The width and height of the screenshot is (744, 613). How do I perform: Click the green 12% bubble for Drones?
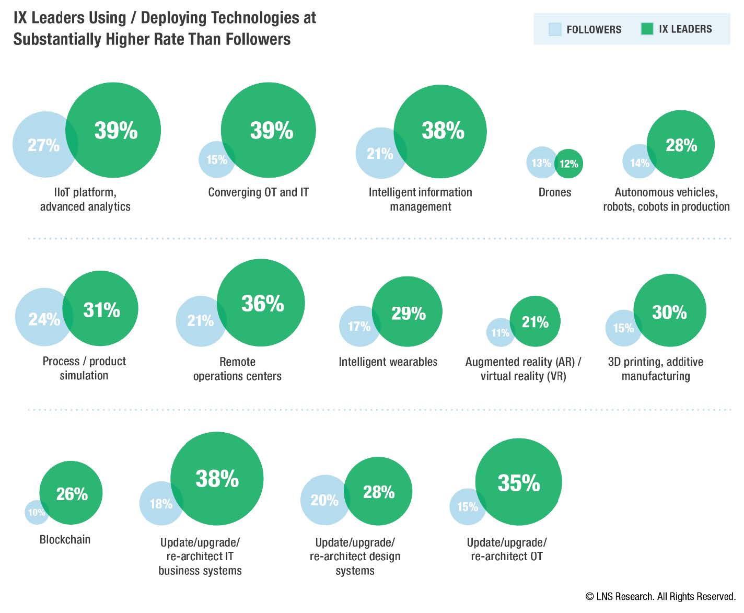click(x=569, y=164)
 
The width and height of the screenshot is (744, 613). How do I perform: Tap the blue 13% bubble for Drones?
click(x=540, y=163)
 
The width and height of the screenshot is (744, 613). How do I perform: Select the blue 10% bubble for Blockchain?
click(x=35, y=513)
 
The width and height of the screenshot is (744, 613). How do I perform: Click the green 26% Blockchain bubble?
click(x=72, y=493)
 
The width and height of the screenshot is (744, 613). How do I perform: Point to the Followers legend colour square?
click(x=555, y=29)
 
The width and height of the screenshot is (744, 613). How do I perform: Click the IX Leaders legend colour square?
click(x=647, y=29)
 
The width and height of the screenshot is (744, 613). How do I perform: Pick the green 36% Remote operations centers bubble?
click(x=261, y=303)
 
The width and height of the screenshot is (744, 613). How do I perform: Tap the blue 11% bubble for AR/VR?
click(x=499, y=333)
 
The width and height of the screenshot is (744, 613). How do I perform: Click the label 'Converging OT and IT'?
click(x=258, y=192)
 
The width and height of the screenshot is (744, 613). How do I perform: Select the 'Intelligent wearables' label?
click(x=388, y=362)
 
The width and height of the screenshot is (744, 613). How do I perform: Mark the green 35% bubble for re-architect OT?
click(x=518, y=482)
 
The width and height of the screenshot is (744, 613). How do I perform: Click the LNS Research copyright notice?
click(x=660, y=596)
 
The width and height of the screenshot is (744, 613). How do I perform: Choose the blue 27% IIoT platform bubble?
click(x=42, y=145)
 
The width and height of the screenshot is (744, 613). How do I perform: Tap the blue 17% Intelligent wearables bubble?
click(x=358, y=327)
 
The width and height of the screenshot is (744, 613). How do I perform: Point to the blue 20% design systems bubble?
click(x=323, y=500)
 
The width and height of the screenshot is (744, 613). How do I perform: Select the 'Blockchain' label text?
click(x=65, y=539)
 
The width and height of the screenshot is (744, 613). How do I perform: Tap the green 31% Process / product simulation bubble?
click(x=102, y=309)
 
